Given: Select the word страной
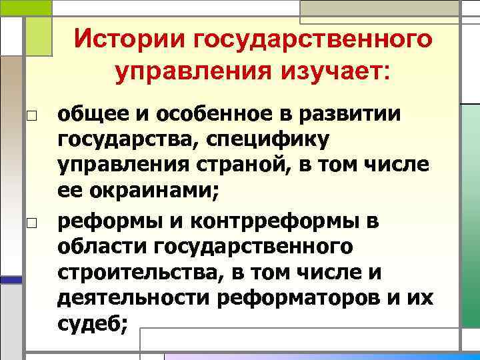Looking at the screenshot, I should [x=251, y=167].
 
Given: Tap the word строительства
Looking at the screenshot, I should [x=132, y=273].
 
